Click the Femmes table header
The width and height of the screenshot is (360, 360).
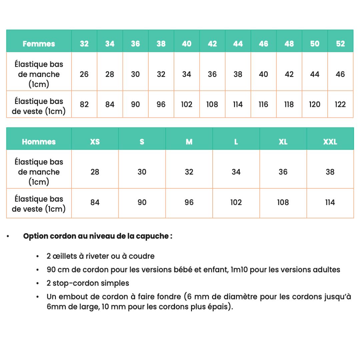(39, 44)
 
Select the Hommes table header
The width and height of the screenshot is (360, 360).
(39, 142)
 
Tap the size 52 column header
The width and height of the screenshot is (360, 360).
(340, 44)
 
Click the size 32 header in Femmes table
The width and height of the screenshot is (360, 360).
(84, 44)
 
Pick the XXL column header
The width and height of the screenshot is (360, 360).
(330, 142)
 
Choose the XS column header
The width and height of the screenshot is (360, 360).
(95, 142)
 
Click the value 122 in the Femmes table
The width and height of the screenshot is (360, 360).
(340, 104)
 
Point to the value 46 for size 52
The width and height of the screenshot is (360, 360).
(340, 74)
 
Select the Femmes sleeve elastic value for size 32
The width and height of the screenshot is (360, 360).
(84, 74)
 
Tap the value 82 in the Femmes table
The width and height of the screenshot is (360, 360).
(84, 104)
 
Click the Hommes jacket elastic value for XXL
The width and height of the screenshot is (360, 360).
(330, 202)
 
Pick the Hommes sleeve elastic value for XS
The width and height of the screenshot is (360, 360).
(95, 172)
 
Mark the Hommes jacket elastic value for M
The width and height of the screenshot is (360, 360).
(189, 202)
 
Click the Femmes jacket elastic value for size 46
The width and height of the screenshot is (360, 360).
(263, 104)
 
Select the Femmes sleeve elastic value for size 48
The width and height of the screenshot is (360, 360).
(289, 74)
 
